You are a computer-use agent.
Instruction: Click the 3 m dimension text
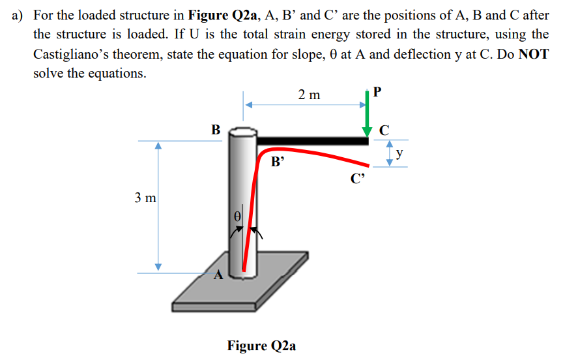[x=145, y=196]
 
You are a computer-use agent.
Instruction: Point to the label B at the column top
[x=215, y=129]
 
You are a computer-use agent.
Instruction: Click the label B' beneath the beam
[x=278, y=162]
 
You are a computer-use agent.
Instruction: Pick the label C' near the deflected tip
[x=356, y=180]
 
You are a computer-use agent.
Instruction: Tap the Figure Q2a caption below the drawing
[x=261, y=345]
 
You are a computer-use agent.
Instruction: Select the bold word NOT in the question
[x=534, y=53]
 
